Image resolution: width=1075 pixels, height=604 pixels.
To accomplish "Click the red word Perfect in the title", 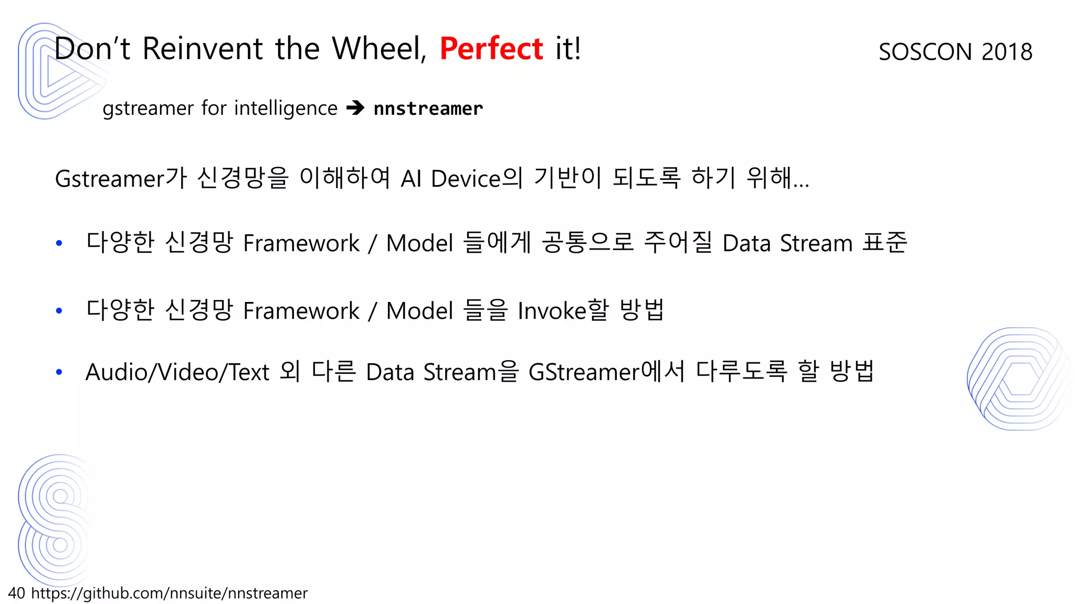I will (x=491, y=49).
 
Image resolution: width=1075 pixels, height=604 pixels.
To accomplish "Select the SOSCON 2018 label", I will (x=955, y=52).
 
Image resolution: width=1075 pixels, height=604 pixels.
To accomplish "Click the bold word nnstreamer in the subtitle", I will (x=428, y=109).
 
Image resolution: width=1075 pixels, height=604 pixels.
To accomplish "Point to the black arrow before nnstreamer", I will (x=355, y=108).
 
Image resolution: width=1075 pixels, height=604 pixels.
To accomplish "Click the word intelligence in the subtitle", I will (x=286, y=109).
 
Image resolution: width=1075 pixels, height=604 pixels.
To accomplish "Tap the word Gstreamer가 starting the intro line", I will (x=121, y=178).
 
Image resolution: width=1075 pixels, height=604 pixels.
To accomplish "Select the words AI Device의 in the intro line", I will (x=462, y=178).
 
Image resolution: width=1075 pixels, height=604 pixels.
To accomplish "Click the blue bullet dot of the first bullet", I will (x=59, y=243).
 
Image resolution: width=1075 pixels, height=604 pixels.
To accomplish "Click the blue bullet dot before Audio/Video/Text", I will (x=59, y=372).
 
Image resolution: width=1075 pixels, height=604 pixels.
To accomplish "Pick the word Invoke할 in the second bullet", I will (x=563, y=310).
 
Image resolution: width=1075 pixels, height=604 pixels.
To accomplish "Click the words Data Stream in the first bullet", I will (x=787, y=243).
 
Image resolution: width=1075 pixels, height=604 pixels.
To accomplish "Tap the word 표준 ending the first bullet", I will (x=885, y=243).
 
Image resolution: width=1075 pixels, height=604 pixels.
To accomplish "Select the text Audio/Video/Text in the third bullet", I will (x=177, y=372).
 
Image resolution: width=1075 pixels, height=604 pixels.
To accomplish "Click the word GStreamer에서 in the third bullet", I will (x=606, y=372).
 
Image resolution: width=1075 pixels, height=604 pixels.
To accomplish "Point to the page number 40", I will (x=16, y=593).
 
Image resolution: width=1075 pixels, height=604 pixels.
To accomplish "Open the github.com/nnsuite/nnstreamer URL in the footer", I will (x=169, y=593).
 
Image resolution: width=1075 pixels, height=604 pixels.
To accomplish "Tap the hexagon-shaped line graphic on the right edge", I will (x=1018, y=379).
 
